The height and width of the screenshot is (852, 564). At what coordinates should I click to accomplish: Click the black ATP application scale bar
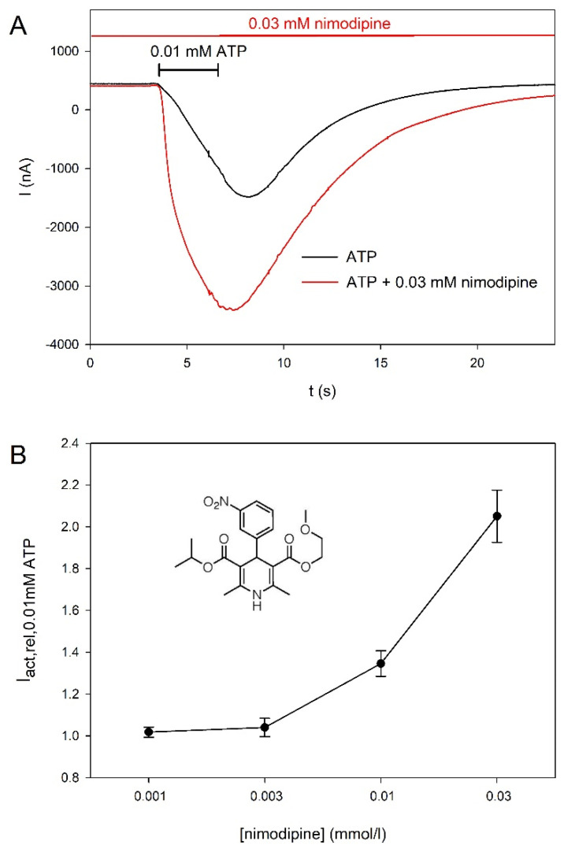pyautogui.click(x=188, y=70)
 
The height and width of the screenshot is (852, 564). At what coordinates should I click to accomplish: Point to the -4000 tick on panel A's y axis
pyautogui.click(x=65, y=345)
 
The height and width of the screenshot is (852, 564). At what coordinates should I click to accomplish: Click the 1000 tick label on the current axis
pyautogui.click(x=65, y=51)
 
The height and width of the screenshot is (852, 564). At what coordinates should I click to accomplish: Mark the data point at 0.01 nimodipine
pyautogui.click(x=381, y=663)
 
